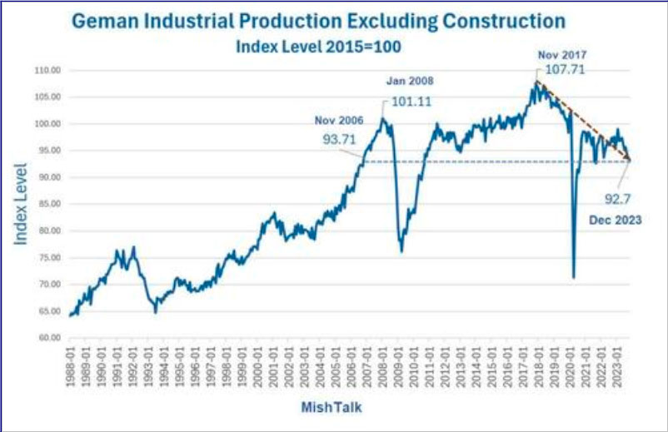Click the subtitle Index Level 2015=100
point(319,47)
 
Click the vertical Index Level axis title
point(21,205)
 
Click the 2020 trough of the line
point(573,277)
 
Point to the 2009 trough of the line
point(401,251)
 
